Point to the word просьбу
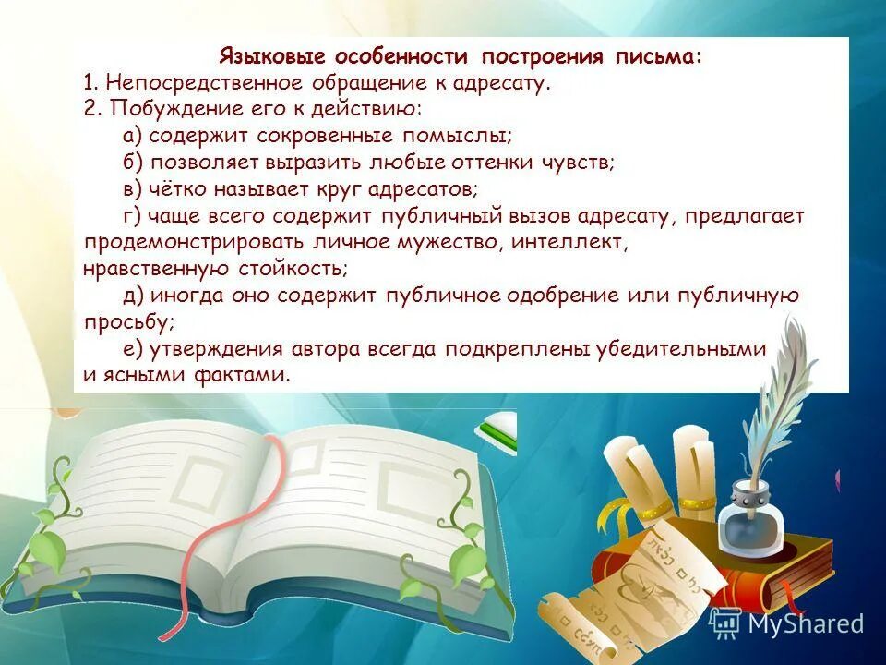click(127, 322)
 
